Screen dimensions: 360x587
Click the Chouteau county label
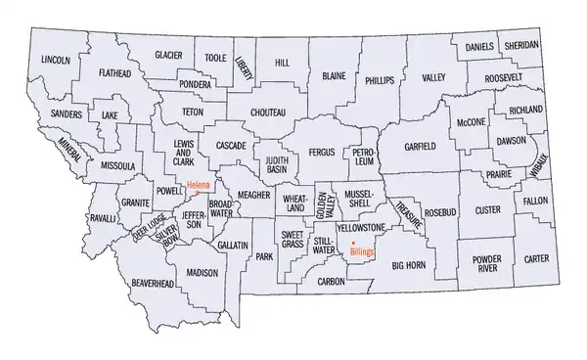269,112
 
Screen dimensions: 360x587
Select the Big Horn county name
410,264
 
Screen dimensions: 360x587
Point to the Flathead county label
117,71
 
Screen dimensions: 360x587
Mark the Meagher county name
252,195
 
